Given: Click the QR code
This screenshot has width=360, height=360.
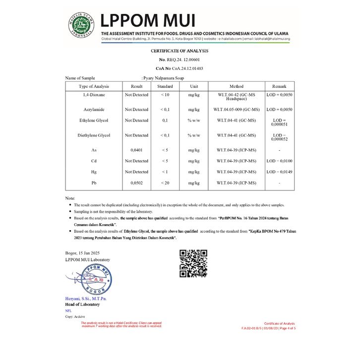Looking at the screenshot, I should coord(193,263).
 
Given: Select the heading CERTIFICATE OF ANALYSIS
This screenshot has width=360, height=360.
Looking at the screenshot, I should coord(180,51).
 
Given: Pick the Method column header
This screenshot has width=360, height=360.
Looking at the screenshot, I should coord(236,86).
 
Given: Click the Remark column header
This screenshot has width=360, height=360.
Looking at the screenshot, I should coord(279,86).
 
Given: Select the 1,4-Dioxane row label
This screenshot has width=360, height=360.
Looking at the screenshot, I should coord(94,94).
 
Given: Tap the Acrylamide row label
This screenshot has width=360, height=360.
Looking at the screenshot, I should coord(94,109).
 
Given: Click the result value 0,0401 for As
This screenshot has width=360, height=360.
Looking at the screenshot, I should coord(136,150).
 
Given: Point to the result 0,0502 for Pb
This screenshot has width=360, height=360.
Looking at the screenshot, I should coord(136,183).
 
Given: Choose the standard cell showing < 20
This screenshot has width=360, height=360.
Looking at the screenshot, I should coord(165,183).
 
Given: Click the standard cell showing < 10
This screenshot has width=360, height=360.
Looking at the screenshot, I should coord(165,94).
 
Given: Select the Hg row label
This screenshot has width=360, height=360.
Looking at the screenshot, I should coord(94,172).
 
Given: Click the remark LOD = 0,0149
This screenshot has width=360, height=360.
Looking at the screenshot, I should coord(279,172).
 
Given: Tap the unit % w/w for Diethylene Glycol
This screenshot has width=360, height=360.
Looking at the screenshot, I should coord(193,135).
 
